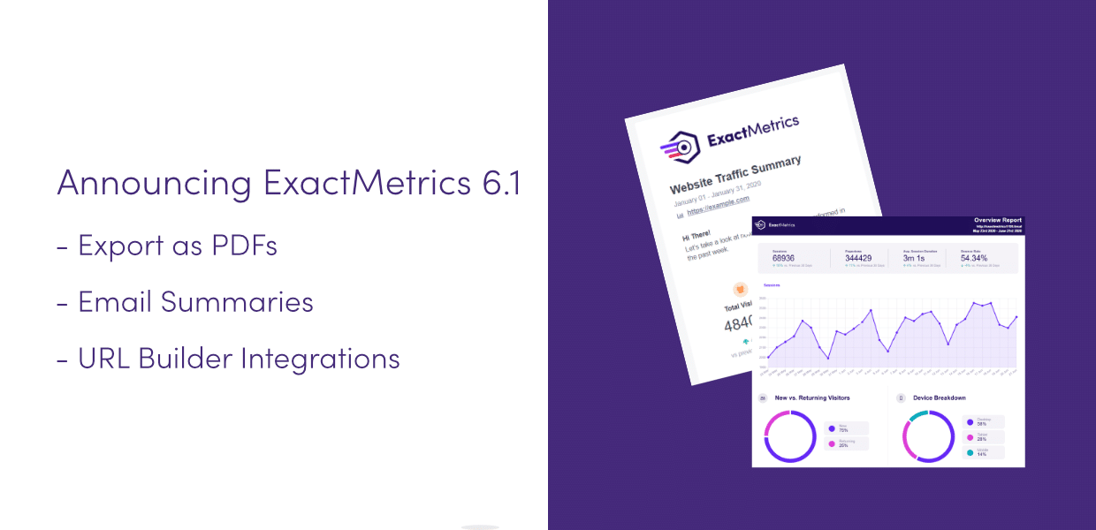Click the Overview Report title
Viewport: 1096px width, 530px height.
[997, 220]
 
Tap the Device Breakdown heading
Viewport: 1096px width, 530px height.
[940, 398]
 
